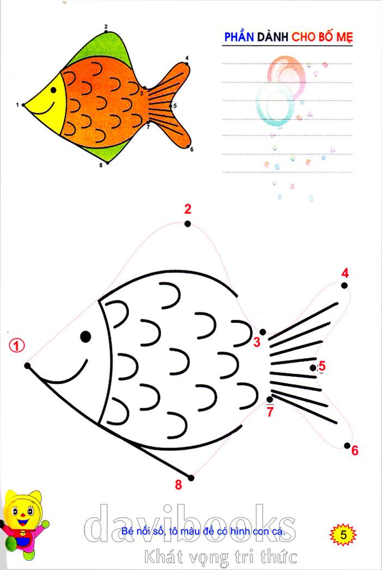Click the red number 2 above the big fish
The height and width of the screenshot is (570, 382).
pyautogui.click(x=188, y=209)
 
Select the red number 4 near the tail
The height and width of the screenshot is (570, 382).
pyautogui.click(x=345, y=273)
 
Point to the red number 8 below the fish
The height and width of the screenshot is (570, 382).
pyautogui.click(x=178, y=484)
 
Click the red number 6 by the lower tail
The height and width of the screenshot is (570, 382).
pyautogui.click(x=355, y=450)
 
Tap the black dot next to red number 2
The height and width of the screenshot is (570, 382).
pyautogui.click(x=188, y=224)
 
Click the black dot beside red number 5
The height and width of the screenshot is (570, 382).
pyautogui.click(x=313, y=368)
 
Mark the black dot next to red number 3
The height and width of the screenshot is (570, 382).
pyautogui.click(x=262, y=332)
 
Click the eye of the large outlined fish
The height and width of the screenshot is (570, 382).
pyautogui.click(x=85, y=336)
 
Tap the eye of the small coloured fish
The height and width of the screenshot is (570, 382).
pyautogui.click(x=53, y=90)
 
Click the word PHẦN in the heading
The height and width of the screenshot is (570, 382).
pyautogui.click(x=239, y=36)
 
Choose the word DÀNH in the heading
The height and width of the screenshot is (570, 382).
pyautogui.click(x=273, y=36)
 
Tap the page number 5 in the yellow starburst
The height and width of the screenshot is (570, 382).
pyautogui.click(x=343, y=535)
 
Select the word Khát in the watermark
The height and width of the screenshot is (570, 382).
pyautogui.click(x=163, y=556)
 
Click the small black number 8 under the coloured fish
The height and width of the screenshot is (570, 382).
pyautogui.click(x=101, y=165)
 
